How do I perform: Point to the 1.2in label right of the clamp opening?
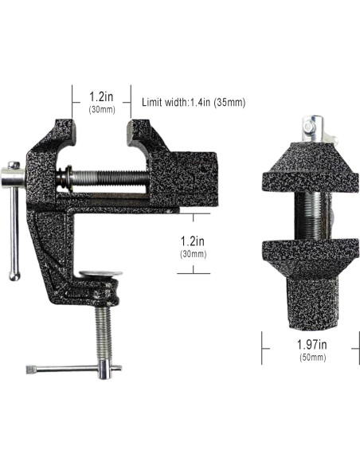click(194, 240)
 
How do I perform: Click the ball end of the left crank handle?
click(14, 275)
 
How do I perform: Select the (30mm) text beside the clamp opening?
click(194, 254)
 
